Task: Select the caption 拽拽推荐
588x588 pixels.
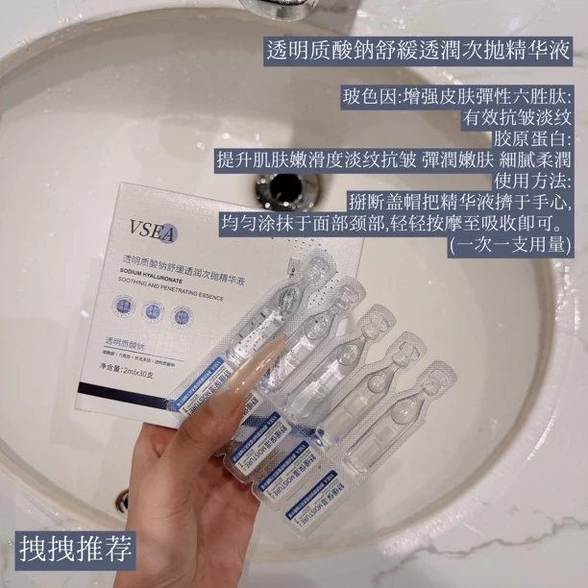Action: [x=77, y=549]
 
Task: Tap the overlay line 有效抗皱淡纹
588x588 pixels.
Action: [x=518, y=118]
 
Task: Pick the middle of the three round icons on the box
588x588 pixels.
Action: [x=153, y=309]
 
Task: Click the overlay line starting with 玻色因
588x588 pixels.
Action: [x=456, y=97]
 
